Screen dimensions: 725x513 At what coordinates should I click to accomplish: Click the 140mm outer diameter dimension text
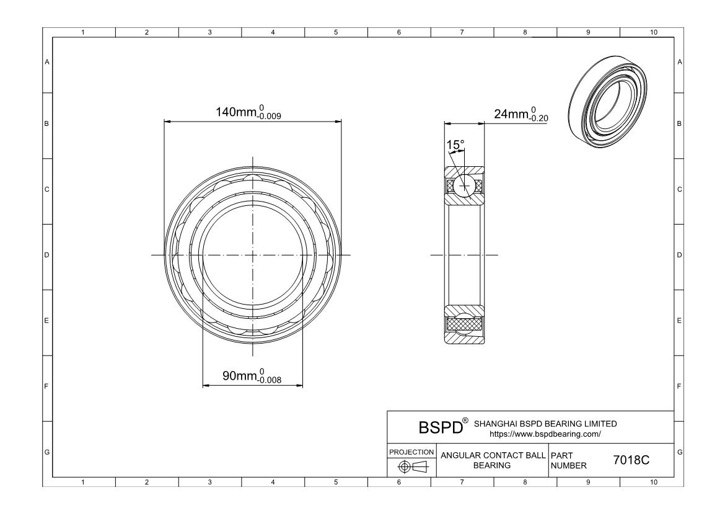click(x=248, y=112)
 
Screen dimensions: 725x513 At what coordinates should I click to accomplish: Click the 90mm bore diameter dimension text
click(x=252, y=375)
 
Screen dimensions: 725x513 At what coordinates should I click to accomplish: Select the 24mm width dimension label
click(x=521, y=114)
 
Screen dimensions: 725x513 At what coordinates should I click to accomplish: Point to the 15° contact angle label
click(x=455, y=145)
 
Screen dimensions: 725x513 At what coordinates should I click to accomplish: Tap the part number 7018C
click(x=631, y=460)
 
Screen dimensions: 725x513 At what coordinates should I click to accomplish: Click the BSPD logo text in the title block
click(x=440, y=427)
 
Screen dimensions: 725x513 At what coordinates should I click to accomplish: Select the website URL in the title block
click(x=545, y=434)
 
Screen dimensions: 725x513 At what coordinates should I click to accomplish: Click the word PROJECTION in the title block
click(x=411, y=452)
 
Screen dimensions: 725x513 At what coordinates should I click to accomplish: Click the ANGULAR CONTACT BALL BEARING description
click(x=493, y=460)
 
